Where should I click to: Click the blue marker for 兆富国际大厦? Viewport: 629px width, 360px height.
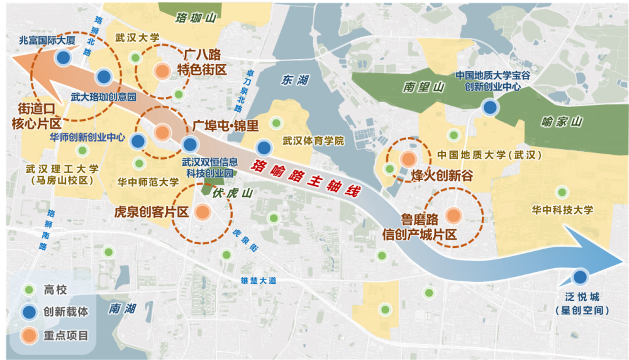pos(63,58)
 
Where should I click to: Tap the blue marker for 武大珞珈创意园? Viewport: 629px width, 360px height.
pos(104,77)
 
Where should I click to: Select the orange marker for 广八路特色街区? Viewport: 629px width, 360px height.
pos(162,71)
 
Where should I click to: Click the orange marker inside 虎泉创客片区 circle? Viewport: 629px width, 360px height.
pos(202,212)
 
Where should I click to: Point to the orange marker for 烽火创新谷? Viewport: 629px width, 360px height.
pos(408,159)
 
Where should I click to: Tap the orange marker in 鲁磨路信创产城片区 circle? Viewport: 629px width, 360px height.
pos(453,216)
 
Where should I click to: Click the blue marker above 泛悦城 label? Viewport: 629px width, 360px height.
pos(580,276)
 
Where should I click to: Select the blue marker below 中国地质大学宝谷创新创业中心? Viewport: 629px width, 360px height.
pos(490,107)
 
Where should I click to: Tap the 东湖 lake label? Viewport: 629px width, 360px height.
pos(295,80)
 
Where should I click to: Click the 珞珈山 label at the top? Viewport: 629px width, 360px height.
pos(196,17)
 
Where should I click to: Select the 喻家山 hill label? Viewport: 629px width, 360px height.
pos(562,122)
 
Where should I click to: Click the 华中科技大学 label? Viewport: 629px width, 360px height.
pos(562,210)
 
